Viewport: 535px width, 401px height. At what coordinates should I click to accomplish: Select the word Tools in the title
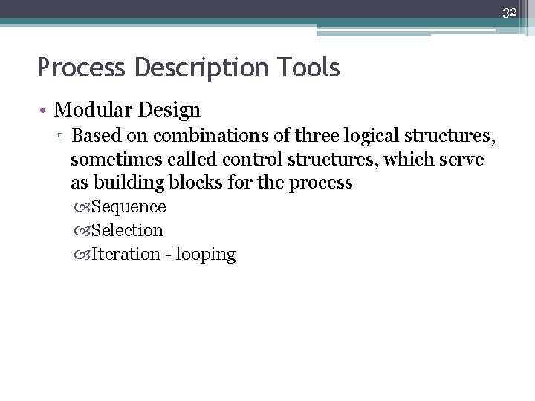(x=311, y=68)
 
